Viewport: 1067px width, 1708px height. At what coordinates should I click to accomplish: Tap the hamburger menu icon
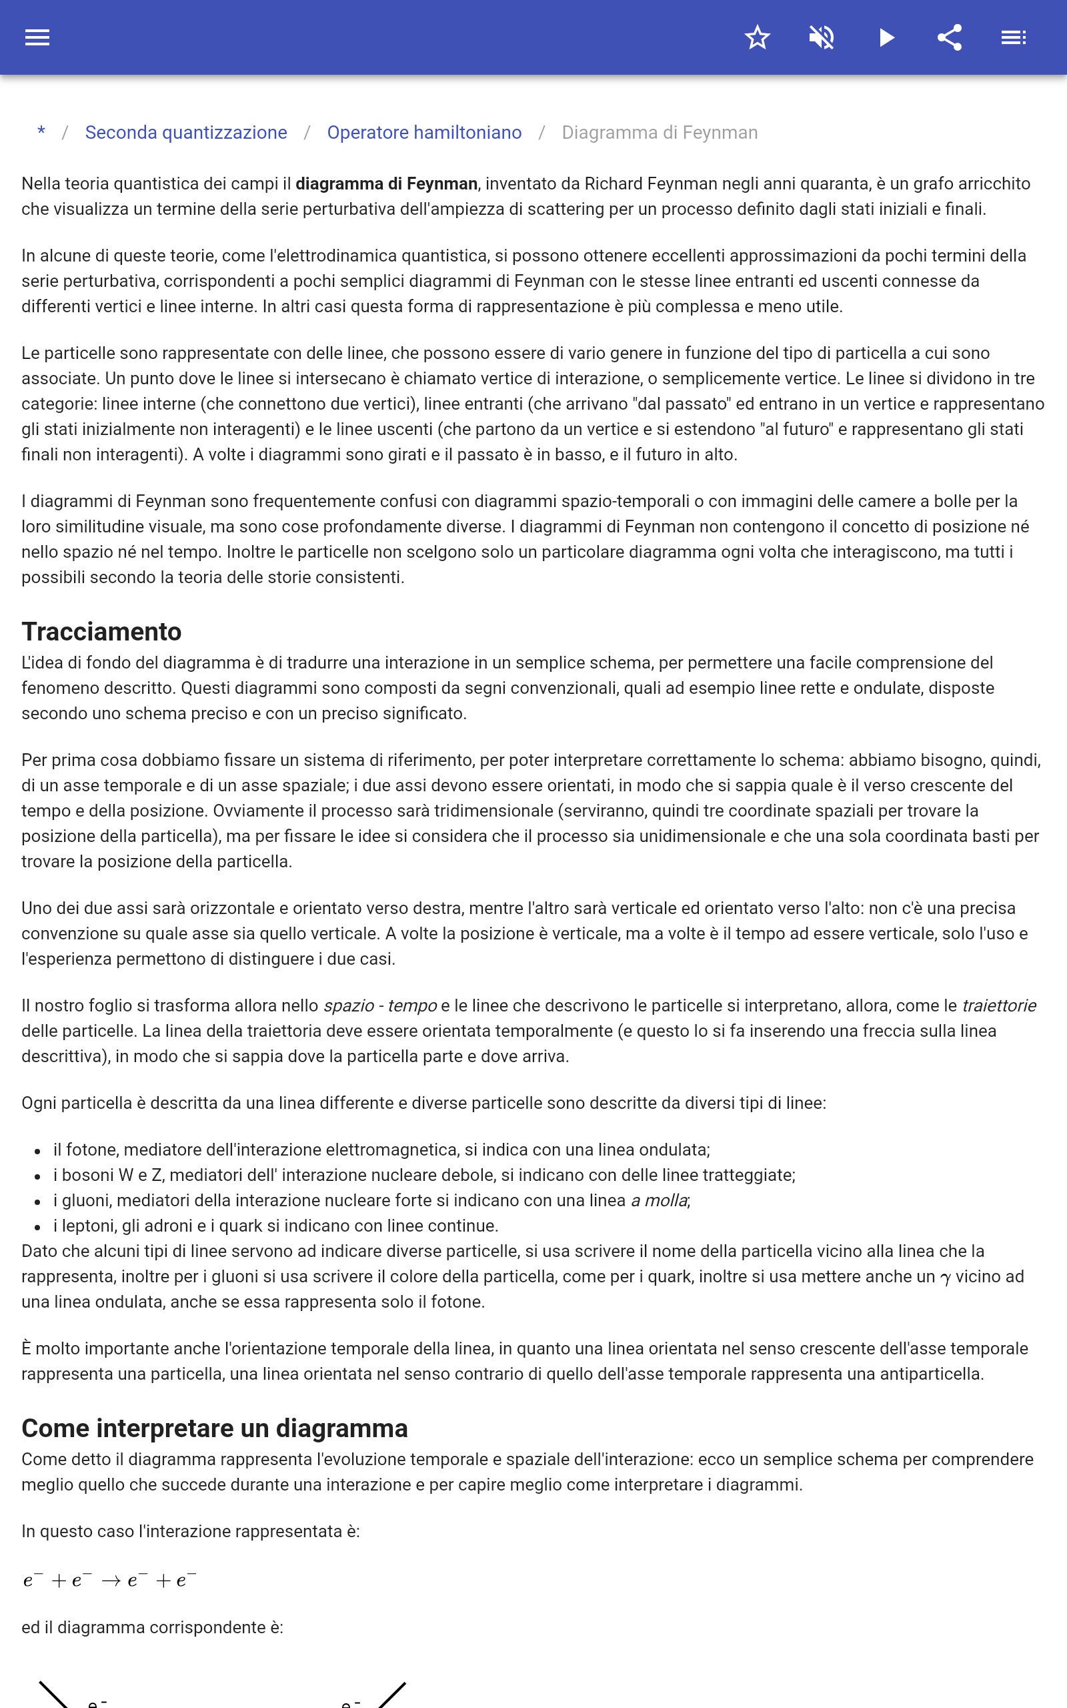37,37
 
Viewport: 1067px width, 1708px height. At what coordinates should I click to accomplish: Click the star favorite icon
757,37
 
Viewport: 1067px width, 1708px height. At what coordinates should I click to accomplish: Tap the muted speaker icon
822,37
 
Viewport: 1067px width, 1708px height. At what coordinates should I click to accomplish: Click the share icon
950,37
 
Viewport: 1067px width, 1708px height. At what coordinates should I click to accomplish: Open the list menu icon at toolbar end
1014,37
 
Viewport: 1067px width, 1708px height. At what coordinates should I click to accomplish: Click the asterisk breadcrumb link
41,132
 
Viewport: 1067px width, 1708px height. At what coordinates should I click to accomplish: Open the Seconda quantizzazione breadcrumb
185,132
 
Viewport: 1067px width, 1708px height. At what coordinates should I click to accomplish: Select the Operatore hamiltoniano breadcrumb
424,132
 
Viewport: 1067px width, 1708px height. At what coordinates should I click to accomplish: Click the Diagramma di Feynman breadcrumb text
659,132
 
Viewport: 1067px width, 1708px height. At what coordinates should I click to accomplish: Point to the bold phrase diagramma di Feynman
386,183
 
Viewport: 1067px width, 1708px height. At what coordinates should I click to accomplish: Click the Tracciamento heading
101,631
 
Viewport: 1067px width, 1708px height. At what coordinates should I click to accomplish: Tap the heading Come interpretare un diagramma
215,1428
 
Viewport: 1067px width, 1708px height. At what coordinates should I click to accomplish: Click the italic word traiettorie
999,1005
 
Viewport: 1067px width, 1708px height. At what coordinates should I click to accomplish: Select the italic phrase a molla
659,1200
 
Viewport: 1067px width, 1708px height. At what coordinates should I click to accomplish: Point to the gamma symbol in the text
946,1278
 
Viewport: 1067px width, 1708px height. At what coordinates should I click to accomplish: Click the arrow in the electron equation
111,1581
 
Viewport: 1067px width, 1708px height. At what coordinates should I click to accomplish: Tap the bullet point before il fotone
37,1150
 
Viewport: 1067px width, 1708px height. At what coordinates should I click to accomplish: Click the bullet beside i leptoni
37,1227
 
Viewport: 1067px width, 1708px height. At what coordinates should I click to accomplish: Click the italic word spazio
349,1005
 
